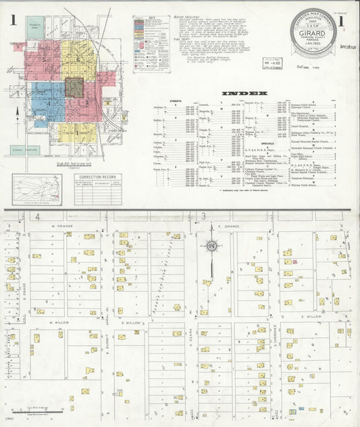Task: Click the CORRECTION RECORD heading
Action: [98, 178]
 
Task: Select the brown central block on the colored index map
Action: [74, 88]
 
